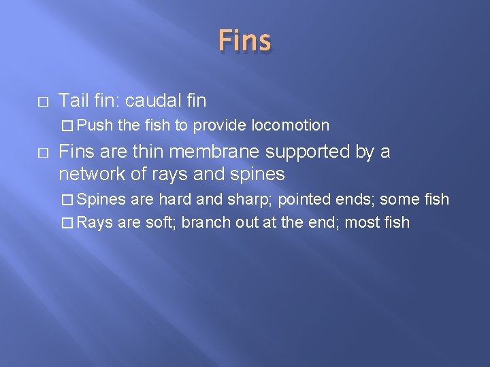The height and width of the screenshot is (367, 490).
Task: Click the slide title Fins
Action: (x=244, y=41)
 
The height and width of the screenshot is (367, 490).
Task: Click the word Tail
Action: (x=72, y=101)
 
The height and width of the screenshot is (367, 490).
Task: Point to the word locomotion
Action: (x=291, y=125)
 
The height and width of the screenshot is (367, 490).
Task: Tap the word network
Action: (x=91, y=174)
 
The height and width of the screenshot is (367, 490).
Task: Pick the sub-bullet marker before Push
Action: (x=66, y=126)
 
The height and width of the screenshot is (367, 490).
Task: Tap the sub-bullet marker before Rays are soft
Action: (x=66, y=222)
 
